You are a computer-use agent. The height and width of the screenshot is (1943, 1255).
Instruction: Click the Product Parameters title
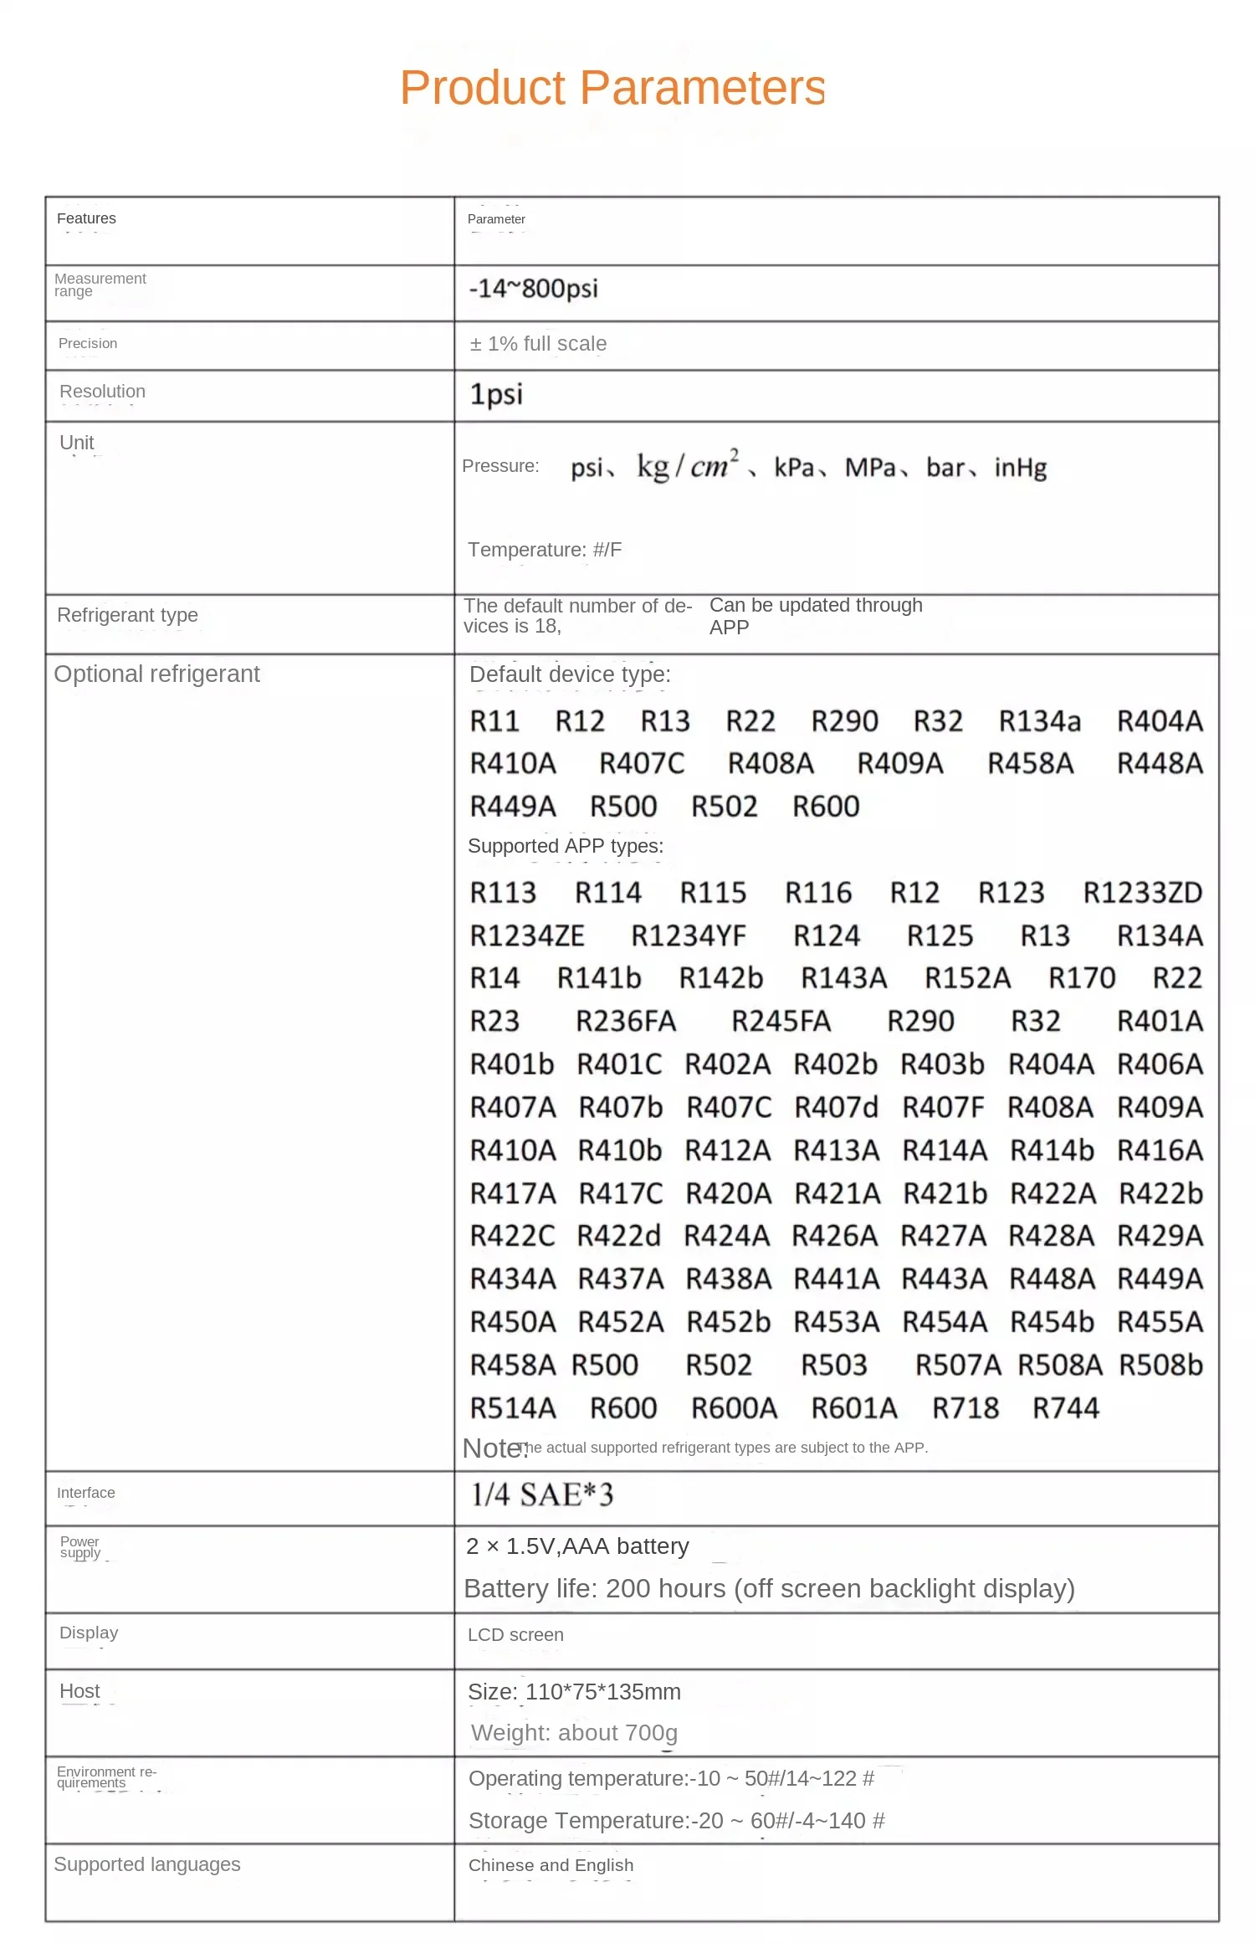click(x=612, y=88)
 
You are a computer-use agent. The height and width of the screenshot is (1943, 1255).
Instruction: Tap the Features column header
click(x=86, y=218)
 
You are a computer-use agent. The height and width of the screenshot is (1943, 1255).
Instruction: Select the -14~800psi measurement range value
click(x=533, y=289)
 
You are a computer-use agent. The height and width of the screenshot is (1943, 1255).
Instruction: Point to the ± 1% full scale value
click(x=538, y=344)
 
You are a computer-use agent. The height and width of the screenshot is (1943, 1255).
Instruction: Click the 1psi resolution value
click(x=496, y=394)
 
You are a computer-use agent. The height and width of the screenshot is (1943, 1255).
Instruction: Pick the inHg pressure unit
click(x=1020, y=468)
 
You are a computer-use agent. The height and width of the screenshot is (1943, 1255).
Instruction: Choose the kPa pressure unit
click(x=794, y=468)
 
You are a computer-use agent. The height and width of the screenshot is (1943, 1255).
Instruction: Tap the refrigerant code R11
click(x=494, y=721)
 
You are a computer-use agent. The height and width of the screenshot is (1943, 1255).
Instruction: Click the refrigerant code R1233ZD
click(x=1142, y=893)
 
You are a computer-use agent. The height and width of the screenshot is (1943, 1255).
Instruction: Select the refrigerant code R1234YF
click(x=689, y=936)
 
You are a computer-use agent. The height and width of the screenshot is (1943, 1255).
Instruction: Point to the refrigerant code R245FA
click(x=781, y=1022)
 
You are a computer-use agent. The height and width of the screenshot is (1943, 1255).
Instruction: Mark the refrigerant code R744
click(x=1065, y=1408)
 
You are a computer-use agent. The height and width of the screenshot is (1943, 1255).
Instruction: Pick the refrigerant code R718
click(x=966, y=1408)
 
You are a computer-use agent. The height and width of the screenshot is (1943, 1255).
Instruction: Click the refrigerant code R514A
click(x=513, y=1408)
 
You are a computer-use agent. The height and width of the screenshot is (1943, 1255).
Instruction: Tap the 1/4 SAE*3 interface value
click(x=541, y=1494)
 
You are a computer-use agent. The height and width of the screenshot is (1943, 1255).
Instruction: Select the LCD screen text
click(x=515, y=1635)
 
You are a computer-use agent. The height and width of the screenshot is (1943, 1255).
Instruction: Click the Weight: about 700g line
click(x=574, y=1733)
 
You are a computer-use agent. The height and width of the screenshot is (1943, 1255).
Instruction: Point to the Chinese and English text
click(x=551, y=1865)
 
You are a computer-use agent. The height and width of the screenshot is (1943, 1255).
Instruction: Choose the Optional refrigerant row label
click(x=156, y=674)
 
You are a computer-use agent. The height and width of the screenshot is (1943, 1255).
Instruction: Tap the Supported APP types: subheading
click(x=566, y=846)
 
